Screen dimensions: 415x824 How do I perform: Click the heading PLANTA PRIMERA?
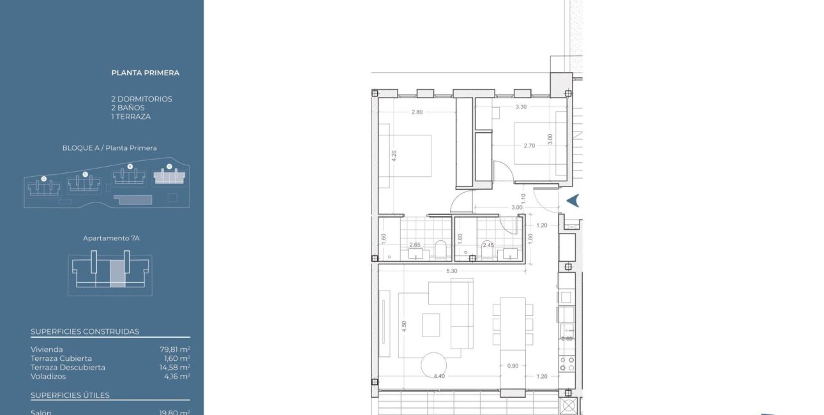(x=145, y=73)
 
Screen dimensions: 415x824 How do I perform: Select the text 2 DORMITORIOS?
(x=141, y=99)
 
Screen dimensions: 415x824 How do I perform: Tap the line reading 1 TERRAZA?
(x=130, y=117)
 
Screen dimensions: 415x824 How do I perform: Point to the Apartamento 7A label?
(x=111, y=238)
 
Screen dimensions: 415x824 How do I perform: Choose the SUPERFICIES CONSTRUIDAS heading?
(x=85, y=331)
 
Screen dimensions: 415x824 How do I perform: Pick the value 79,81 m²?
(x=175, y=349)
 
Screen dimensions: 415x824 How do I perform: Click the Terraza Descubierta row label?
(x=68, y=367)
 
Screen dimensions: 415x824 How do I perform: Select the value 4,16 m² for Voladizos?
(x=177, y=377)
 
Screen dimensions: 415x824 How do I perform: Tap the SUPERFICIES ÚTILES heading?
(x=70, y=395)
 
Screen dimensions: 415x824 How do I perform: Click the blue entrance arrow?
(x=573, y=200)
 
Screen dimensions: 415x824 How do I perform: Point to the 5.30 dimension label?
(x=451, y=271)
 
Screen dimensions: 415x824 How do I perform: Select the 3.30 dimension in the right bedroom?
(x=521, y=107)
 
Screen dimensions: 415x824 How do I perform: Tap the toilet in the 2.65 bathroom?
(x=440, y=250)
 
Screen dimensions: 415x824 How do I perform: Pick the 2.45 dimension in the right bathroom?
(x=488, y=245)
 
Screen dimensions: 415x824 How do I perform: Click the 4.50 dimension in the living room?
(x=404, y=326)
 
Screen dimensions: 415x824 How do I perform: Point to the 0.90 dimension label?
(x=513, y=366)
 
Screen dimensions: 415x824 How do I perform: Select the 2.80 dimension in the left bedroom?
(x=417, y=112)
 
